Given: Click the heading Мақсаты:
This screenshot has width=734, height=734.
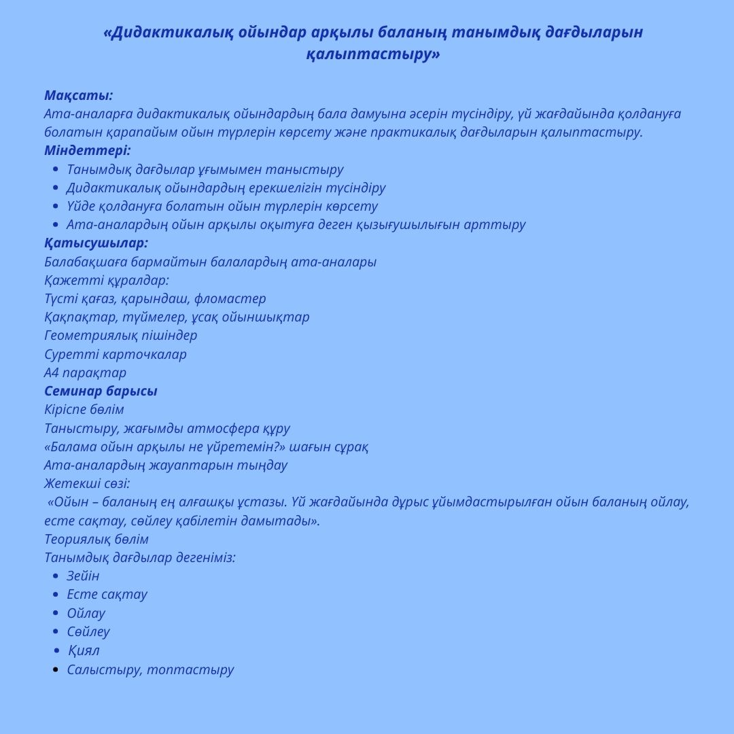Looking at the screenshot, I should pyautogui.click(x=78, y=95).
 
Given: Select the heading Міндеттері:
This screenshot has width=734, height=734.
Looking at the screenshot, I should pyautogui.click(x=87, y=150).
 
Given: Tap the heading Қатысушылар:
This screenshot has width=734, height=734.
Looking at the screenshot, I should pyautogui.click(x=96, y=243).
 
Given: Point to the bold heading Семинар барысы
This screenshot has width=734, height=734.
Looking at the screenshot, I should pyautogui.click(x=101, y=391).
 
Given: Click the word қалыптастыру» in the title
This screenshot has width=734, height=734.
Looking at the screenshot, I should pyautogui.click(x=373, y=54).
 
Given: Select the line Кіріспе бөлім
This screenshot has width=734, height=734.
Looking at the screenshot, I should pyautogui.click(x=84, y=409).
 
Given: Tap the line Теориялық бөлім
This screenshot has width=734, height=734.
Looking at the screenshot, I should pyautogui.click(x=96, y=539).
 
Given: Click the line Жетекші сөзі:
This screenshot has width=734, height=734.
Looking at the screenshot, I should pyautogui.click(x=87, y=483).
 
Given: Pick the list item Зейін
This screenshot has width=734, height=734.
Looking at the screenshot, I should pyautogui.click(x=83, y=576).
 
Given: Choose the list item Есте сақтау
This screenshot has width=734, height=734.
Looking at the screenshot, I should pyautogui.click(x=107, y=594).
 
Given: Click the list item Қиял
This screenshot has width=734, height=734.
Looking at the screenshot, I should pyautogui.click(x=84, y=650).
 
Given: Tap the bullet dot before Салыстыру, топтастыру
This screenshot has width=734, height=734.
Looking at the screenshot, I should pyautogui.click(x=55, y=669).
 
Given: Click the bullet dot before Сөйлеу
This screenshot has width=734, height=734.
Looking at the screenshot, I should pyautogui.click(x=55, y=631).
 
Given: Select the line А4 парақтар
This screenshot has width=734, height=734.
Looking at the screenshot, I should pyautogui.click(x=85, y=372).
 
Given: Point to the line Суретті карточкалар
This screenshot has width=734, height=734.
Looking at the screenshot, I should pyautogui.click(x=115, y=354).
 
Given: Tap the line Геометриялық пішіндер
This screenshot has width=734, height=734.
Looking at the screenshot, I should pyautogui.click(x=120, y=335).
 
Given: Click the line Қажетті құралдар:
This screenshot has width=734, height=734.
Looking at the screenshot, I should pyautogui.click(x=107, y=280).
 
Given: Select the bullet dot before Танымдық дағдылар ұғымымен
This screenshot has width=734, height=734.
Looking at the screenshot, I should pyautogui.click(x=55, y=169).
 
